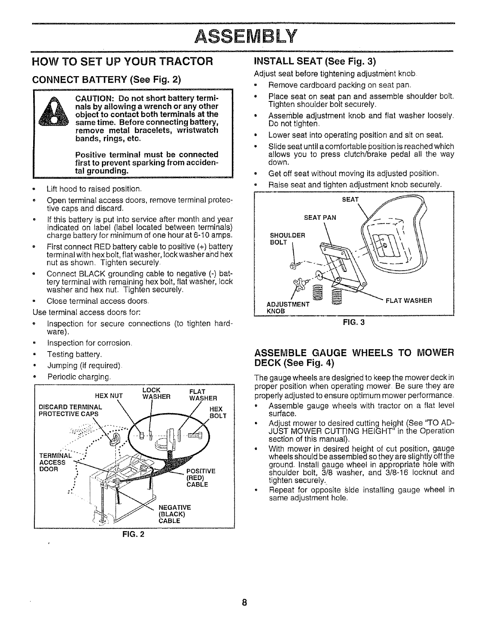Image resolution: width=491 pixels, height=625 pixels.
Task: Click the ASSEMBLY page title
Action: [x=245, y=37]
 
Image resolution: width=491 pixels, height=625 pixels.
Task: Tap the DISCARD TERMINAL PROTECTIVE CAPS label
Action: [x=69, y=410]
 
